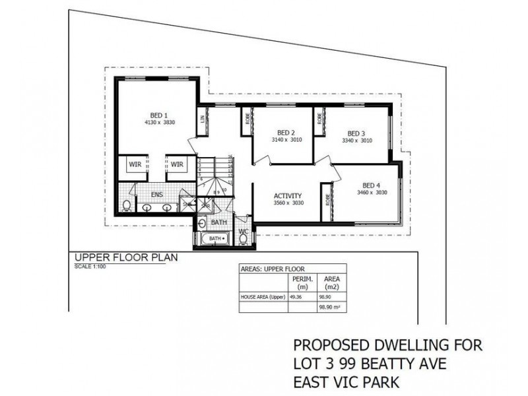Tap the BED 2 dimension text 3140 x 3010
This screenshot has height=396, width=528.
coord(285,141)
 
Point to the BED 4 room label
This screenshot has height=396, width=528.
coord(372,185)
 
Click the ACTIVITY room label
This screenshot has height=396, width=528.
coord(288,196)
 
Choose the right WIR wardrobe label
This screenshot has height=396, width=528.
coord(176,163)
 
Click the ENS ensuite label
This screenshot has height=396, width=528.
coord(156,195)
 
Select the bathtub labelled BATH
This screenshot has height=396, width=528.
coord(215,238)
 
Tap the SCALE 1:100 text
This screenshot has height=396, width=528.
coord(90,267)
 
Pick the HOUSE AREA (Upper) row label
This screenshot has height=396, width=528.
coord(260,298)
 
